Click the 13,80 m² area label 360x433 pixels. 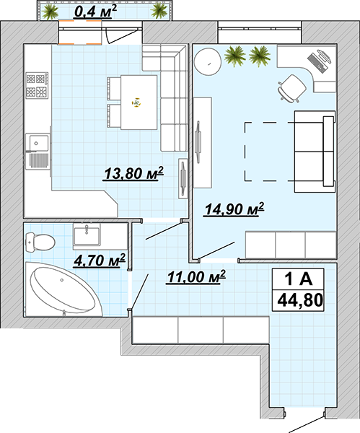[133, 173]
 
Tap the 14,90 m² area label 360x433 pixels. [234, 209]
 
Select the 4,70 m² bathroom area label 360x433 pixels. [100, 261]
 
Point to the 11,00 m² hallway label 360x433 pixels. [196, 276]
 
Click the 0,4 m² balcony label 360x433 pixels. [95, 12]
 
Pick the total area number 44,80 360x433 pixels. [300, 300]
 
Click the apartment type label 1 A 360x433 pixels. [299, 279]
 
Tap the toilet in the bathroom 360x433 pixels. [40, 242]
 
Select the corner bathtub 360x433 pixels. [63, 289]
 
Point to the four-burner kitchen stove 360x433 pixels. [38, 85]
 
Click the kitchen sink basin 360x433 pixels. [37, 143]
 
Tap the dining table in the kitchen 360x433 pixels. [139, 102]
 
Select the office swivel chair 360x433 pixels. [291, 88]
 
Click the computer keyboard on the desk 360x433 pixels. [315, 63]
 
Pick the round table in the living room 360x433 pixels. [207, 62]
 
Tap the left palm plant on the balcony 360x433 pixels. [50, 12]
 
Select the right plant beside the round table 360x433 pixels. [260, 56]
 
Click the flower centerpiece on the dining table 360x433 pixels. [136, 102]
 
